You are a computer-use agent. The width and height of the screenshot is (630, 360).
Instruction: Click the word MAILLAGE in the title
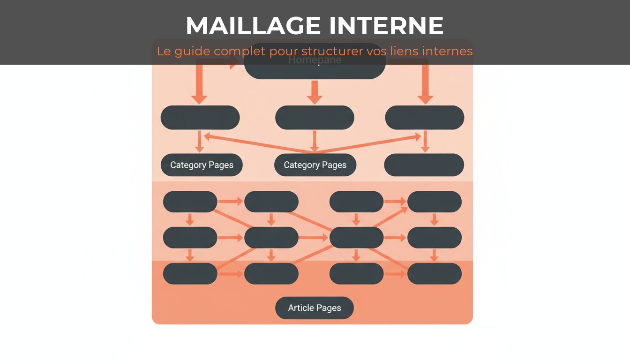[253, 26]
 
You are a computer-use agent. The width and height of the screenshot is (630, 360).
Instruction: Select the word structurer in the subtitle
[332, 51]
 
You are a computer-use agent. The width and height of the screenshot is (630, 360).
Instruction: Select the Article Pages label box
[315, 308]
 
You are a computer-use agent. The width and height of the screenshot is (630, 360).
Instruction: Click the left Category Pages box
[202, 165]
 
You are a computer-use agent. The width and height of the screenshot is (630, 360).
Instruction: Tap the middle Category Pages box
[315, 165]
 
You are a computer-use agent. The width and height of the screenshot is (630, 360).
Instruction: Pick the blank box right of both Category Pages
[424, 165]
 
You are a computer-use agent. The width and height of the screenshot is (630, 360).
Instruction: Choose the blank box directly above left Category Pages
[200, 118]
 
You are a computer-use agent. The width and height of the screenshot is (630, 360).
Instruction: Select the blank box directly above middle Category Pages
[315, 118]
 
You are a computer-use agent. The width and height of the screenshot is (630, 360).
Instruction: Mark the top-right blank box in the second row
[424, 118]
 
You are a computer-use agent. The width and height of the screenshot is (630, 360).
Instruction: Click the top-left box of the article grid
[190, 202]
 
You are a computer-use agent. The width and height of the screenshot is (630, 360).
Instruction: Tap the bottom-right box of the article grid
[434, 273]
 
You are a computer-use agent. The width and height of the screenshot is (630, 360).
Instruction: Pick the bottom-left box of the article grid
[190, 273]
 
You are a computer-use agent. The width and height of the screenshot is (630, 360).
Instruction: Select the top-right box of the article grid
[434, 202]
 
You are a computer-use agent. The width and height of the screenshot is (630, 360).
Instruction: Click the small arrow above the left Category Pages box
[200, 141]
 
